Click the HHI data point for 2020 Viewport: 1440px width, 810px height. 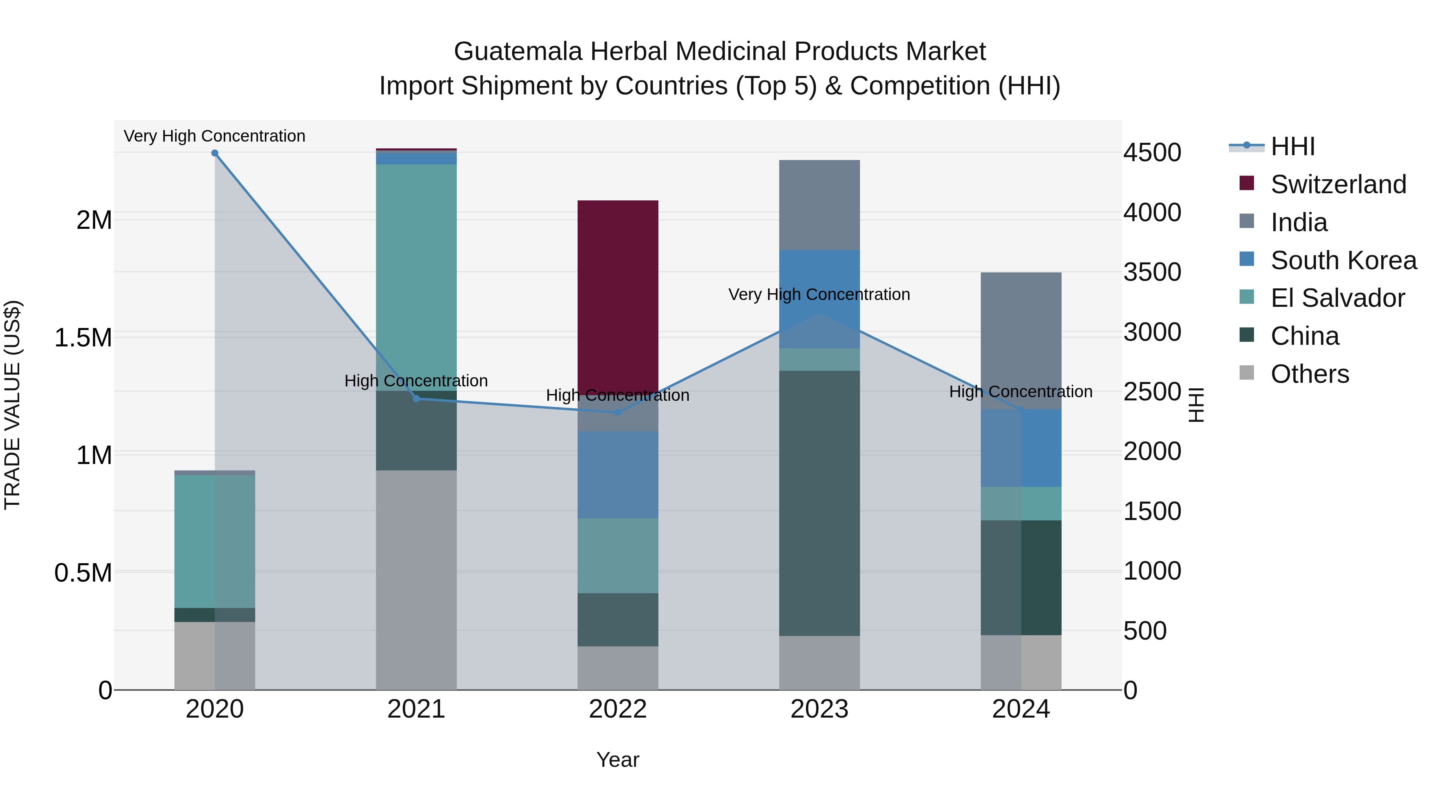pyautogui.click(x=215, y=153)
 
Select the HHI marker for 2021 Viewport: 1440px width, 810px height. pyautogui.click(x=416, y=398)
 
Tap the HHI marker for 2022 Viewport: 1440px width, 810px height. pyautogui.click(x=618, y=412)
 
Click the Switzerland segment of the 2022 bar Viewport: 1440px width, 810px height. pyautogui.click(x=618, y=296)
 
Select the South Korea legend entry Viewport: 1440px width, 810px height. pyautogui.click(x=1343, y=260)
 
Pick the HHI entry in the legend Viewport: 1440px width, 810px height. pyautogui.click(x=1292, y=146)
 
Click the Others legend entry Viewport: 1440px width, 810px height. pyautogui.click(x=1310, y=374)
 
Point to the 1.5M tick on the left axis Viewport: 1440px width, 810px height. pyautogui.click(x=83, y=338)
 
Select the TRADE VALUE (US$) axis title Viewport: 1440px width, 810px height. pyautogui.click(x=12, y=405)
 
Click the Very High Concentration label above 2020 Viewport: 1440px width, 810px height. pyautogui.click(x=215, y=136)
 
